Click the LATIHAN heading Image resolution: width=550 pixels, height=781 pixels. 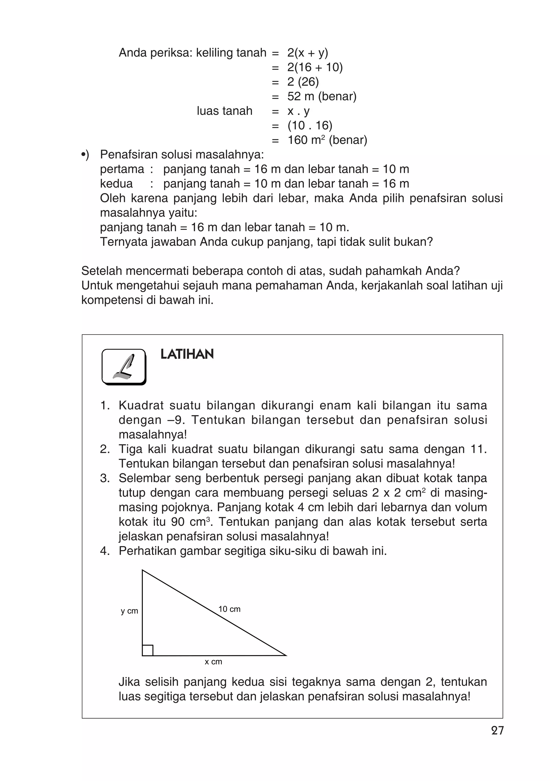point(187,354)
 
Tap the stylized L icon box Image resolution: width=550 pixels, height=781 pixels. point(124,367)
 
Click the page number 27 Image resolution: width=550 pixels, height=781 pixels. point(497,730)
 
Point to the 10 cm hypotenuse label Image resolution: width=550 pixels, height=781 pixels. point(229,609)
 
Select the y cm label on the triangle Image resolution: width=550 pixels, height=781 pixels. point(129,611)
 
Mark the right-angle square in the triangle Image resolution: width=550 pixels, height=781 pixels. point(148,650)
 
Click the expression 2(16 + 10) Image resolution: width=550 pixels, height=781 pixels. point(315,67)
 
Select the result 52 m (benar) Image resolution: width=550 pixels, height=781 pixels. point(322,97)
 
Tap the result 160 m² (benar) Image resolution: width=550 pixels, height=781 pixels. point(327,140)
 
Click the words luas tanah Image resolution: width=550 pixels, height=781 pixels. point(225,111)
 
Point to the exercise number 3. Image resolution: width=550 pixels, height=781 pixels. point(105,478)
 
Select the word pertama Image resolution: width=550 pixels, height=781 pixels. point(122,169)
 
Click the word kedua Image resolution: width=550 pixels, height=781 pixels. point(116,184)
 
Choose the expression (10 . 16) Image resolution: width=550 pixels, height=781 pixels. point(310,126)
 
